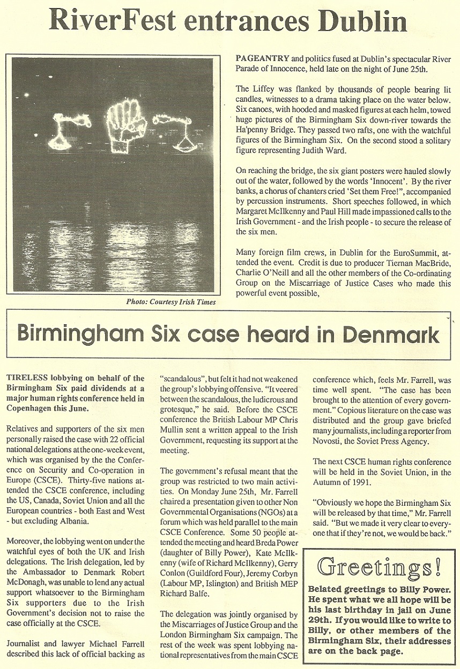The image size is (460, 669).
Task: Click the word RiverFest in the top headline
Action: pyautogui.click(x=112, y=20)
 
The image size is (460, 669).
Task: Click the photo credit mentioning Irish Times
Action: pyautogui.click(x=171, y=302)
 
